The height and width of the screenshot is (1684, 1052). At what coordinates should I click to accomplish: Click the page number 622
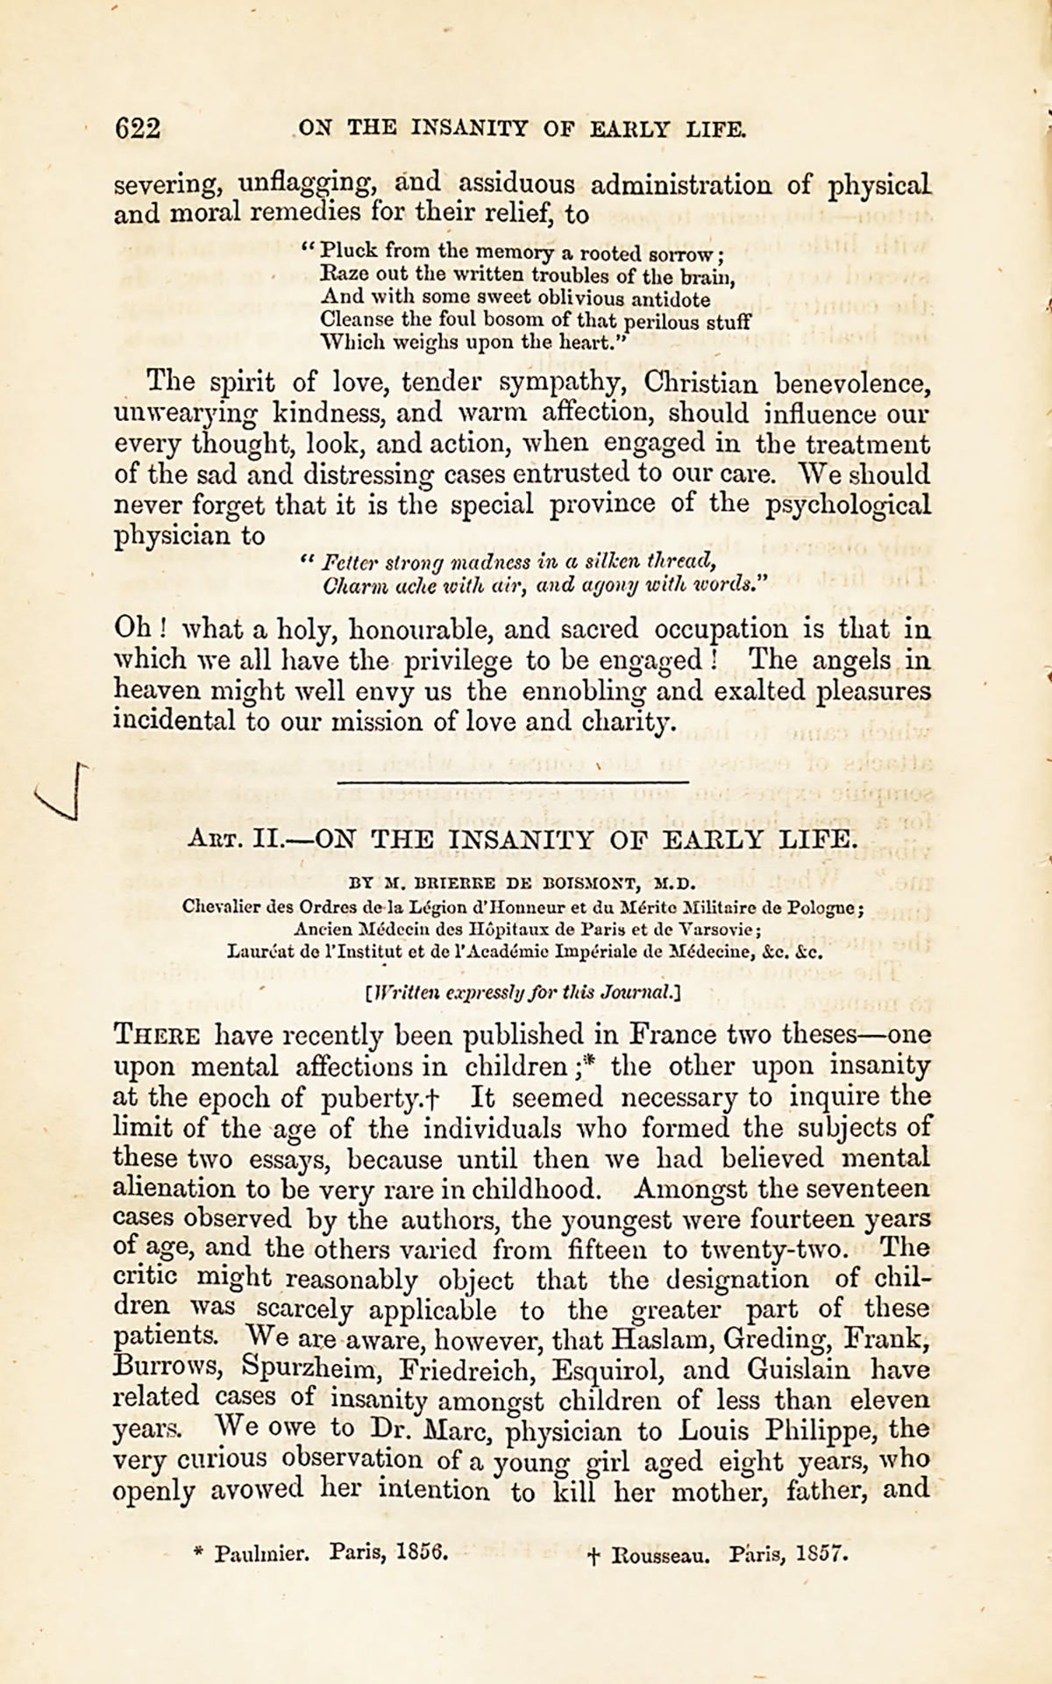138,129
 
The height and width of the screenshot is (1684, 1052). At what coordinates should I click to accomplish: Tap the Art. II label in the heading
231,838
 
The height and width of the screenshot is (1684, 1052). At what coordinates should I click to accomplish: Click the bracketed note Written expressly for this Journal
523,993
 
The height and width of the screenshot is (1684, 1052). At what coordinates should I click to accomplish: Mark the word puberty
387,1097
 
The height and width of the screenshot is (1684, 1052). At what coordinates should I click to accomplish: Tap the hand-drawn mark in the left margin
61,792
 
